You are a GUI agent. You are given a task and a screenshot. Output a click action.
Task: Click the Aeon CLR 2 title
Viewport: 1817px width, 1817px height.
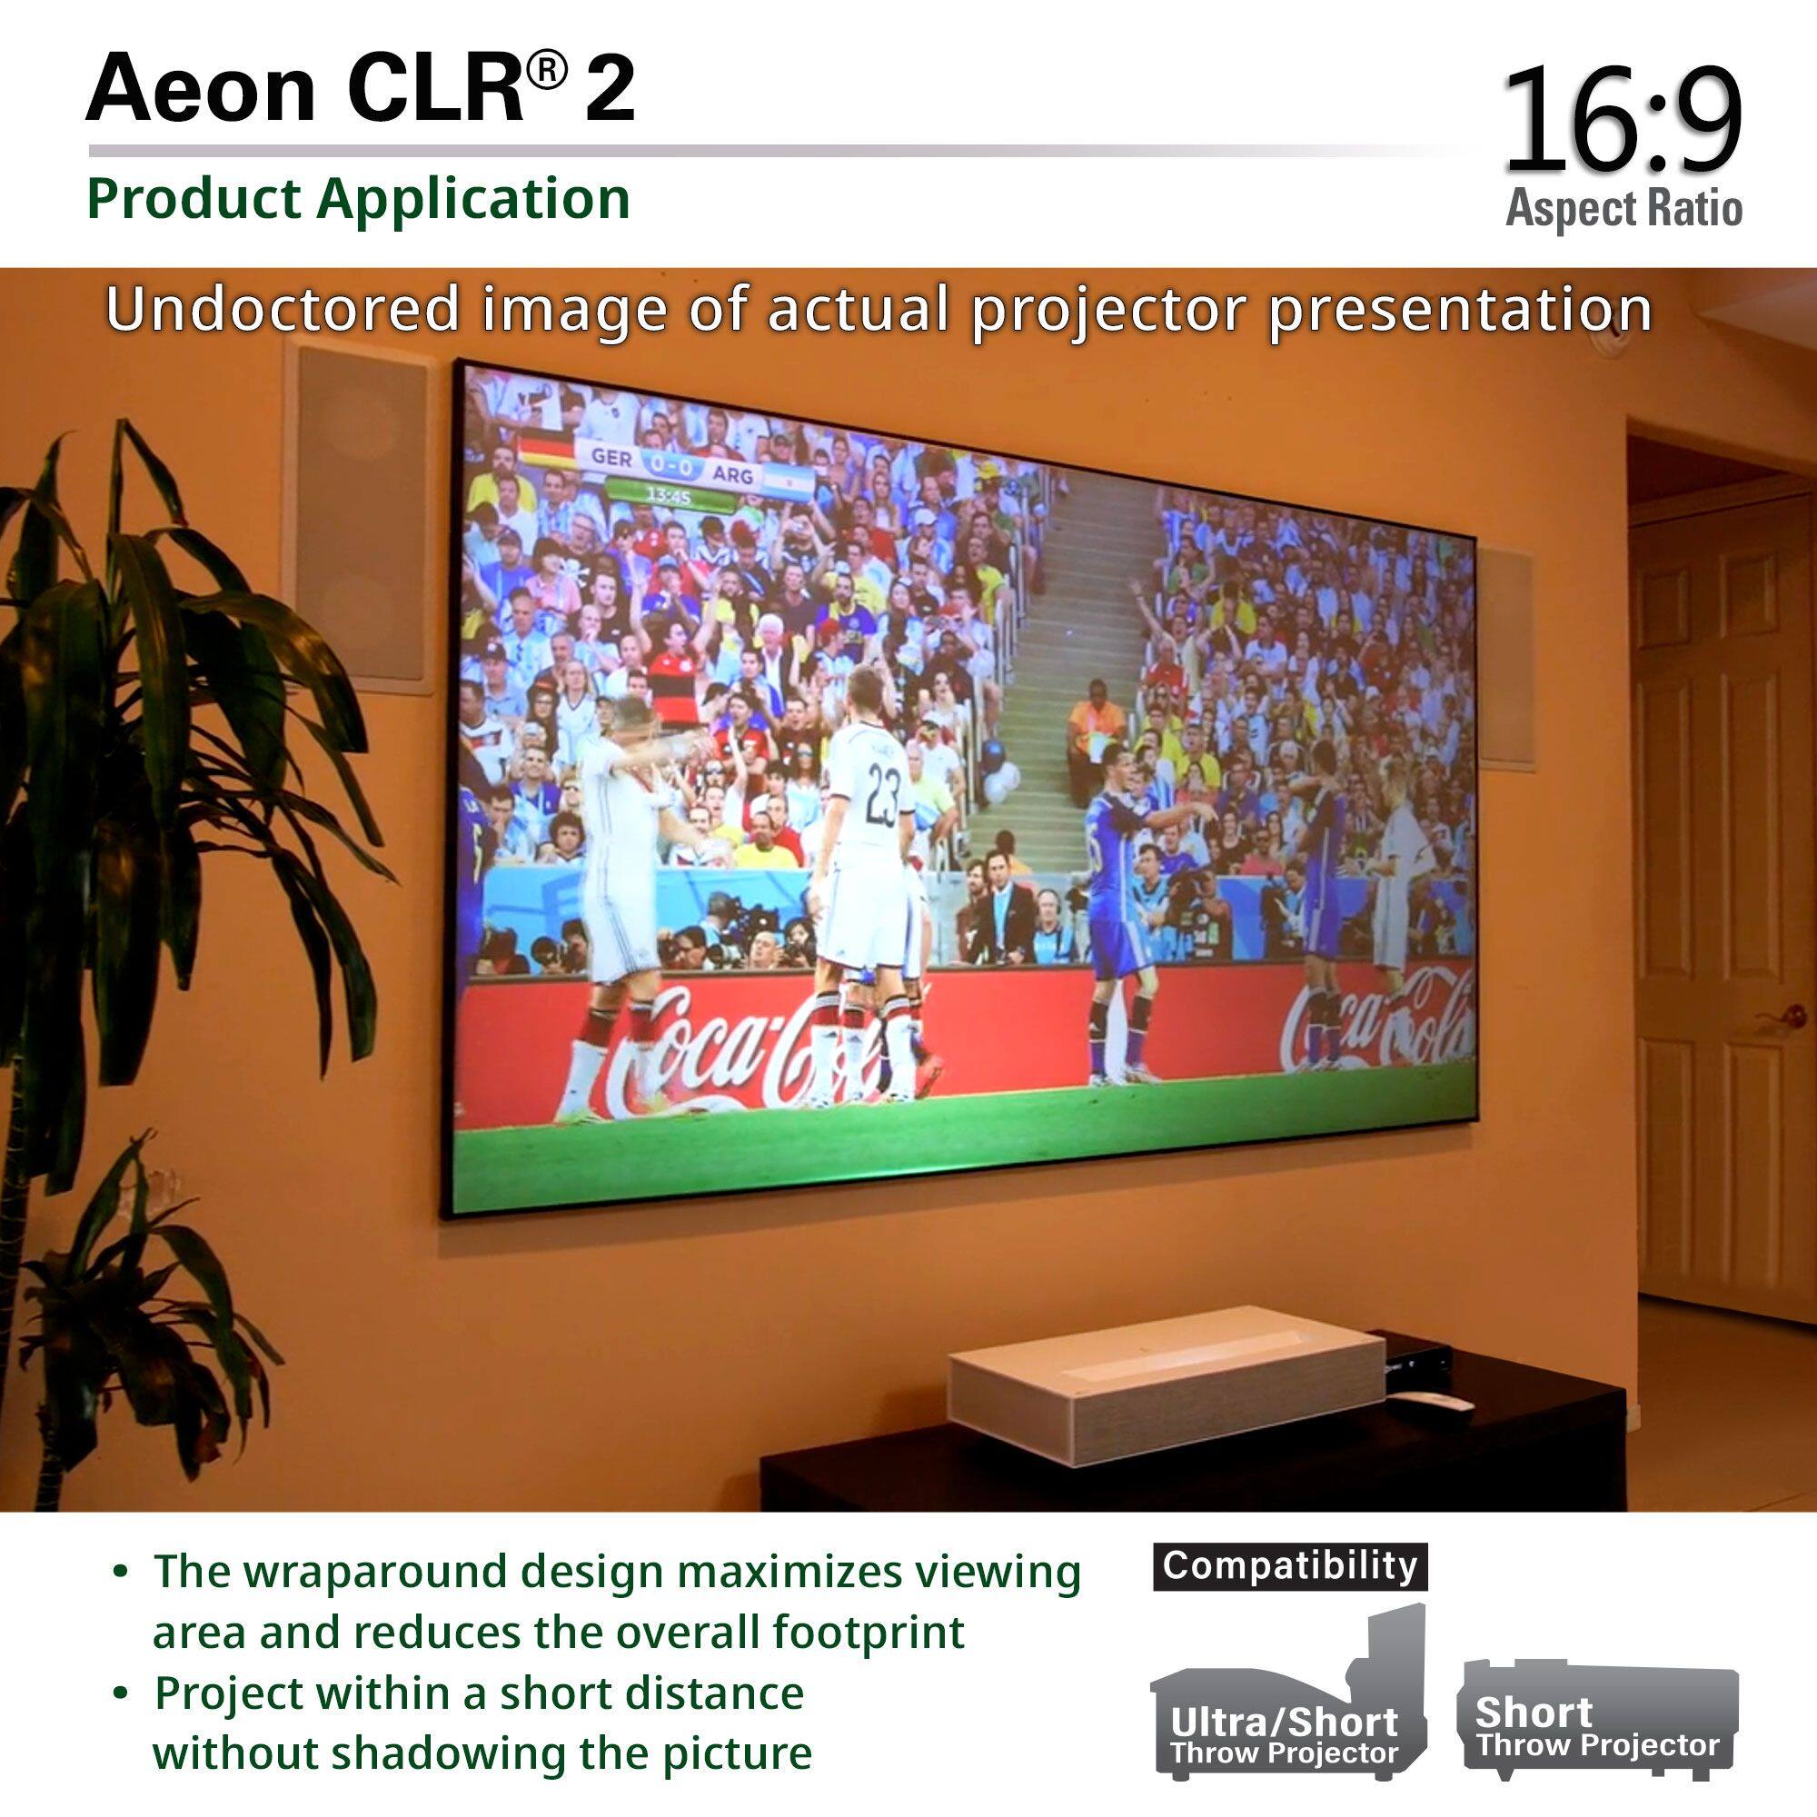pyautogui.click(x=360, y=89)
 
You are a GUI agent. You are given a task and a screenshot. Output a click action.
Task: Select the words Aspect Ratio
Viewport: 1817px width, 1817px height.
pyautogui.click(x=1623, y=208)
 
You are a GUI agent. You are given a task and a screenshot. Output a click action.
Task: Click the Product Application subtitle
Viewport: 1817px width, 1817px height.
pyautogui.click(x=358, y=198)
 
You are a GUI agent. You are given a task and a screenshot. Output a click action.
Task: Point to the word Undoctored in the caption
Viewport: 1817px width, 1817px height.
pyautogui.click(x=283, y=310)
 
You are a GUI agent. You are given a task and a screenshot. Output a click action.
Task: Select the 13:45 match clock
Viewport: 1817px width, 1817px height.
pyautogui.click(x=669, y=496)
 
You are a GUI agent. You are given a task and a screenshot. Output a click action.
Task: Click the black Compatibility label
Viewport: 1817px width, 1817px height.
pyautogui.click(x=1289, y=1566)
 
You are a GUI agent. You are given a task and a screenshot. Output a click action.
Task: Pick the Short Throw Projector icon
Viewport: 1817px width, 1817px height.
pyautogui.click(x=1597, y=1717)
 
